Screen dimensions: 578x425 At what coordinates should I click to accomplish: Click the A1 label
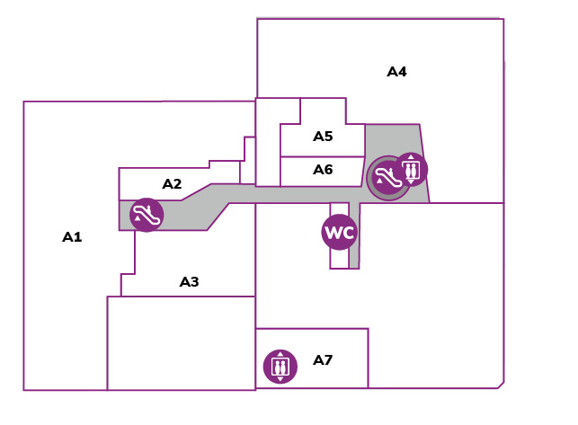(72, 237)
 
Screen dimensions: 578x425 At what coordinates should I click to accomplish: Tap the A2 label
(173, 183)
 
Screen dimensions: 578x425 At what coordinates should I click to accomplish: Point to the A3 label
(189, 282)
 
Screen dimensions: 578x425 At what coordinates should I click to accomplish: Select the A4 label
(396, 72)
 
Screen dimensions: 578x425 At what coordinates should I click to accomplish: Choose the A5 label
(323, 137)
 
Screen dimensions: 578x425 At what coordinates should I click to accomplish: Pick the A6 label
(323, 170)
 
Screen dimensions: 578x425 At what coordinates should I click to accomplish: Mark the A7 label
(323, 359)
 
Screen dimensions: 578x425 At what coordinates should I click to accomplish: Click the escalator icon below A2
(147, 215)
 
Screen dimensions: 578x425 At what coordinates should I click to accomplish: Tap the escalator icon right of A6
(387, 178)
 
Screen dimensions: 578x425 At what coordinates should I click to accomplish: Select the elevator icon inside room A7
(280, 367)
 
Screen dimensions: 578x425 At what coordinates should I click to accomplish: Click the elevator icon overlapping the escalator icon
(411, 169)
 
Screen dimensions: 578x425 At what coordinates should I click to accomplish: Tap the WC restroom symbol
(340, 232)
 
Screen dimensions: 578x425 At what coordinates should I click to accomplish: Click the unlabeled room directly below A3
(182, 343)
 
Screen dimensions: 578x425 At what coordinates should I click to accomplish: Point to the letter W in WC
(333, 233)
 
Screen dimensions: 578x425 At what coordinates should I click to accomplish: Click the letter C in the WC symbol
(349, 233)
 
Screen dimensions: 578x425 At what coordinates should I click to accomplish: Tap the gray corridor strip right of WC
(354, 235)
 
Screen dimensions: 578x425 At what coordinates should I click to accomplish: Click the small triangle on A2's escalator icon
(138, 217)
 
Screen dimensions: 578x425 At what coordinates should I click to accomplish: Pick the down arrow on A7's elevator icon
(280, 379)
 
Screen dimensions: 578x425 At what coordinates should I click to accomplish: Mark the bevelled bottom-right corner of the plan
(501, 385)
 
